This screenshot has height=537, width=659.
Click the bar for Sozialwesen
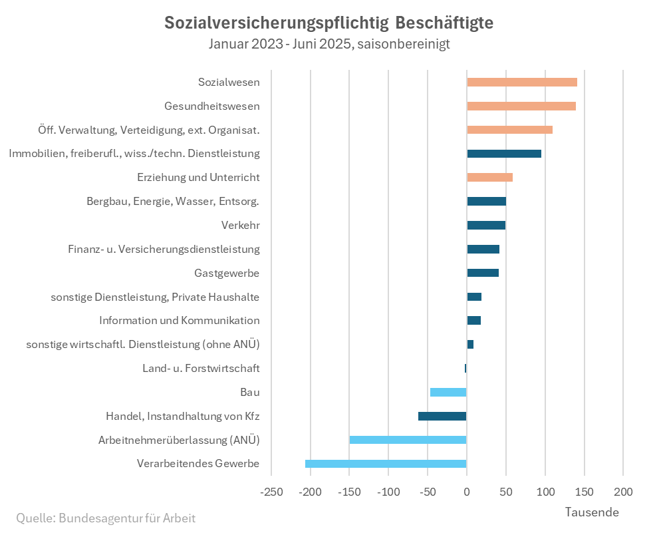[x=522, y=82]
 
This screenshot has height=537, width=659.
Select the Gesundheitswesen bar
[x=521, y=106]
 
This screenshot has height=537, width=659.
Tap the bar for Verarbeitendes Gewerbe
[x=386, y=464]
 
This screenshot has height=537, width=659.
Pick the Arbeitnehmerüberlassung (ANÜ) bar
[x=408, y=440]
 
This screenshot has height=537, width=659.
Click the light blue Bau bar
[x=448, y=392]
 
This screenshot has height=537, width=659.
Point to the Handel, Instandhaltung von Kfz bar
[x=442, y=416]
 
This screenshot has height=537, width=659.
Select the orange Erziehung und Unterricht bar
[x=489, y=177]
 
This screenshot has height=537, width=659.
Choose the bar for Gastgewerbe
[x=483, y=273]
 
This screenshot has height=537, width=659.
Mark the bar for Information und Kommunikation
[x=473, y=321]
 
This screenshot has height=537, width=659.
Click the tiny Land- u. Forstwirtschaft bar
[x=465, y=368]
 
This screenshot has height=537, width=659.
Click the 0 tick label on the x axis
[x=467, y=492]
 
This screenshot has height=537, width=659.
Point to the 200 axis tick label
[x=622, y=492]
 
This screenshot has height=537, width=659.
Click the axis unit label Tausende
[x=592, y=512]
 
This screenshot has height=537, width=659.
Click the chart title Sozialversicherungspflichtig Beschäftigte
[x=329, y=23]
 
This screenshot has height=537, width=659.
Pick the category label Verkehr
[x=240, y=225]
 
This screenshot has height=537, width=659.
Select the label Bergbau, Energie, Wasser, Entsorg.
[x=173, y=201]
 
